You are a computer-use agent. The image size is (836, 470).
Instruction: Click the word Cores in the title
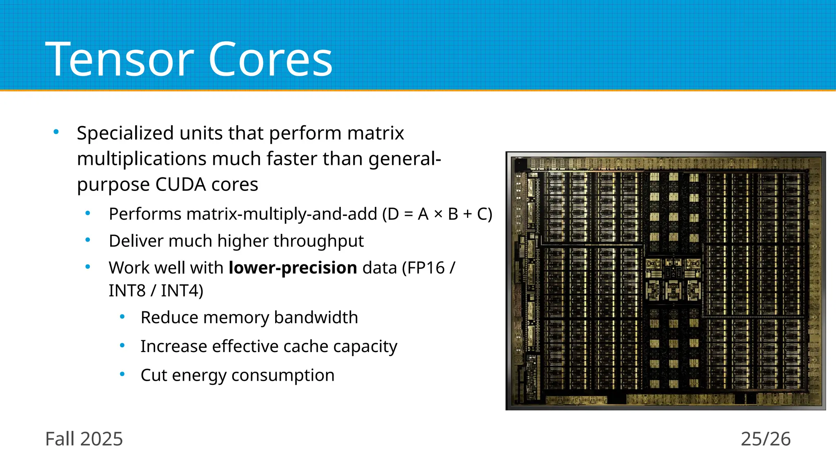click(270, 60)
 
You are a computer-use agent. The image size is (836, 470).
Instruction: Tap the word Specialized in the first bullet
click(125, 133)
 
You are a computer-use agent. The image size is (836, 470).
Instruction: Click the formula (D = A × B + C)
click(437, 214)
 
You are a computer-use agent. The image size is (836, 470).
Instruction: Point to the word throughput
click(318, 241)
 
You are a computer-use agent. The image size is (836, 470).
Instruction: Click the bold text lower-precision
click(293, 268)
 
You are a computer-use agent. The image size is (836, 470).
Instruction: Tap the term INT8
click(127, 291)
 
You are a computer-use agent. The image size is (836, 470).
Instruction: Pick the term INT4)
click(182, 291)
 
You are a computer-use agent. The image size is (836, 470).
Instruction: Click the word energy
click(199, 375)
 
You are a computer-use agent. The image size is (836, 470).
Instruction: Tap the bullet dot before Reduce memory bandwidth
click(122, 317)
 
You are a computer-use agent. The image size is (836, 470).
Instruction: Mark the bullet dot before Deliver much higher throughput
click(88, 240)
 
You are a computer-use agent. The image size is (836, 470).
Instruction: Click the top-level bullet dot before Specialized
click(56, 132)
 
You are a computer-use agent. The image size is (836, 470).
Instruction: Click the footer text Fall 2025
click(84, 439)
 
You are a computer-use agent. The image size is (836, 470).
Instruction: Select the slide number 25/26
click(765, 439)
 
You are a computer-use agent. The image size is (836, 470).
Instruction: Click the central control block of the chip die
click(673, 279)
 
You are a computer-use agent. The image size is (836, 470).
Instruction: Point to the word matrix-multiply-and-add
click(243, 214)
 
